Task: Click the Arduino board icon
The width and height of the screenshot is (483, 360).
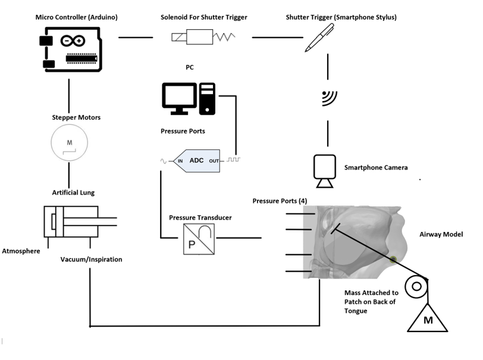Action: (70, 51)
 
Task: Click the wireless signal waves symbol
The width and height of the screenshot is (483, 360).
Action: (328, 98)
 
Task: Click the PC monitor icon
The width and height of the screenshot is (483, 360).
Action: (179, 99)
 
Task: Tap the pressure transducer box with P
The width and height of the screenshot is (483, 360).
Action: (199, 239)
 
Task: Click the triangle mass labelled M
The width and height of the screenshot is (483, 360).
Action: (427, 318)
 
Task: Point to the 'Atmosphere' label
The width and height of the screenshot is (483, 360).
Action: (21, 251)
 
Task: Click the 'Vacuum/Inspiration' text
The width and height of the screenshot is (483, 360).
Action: (90, 259)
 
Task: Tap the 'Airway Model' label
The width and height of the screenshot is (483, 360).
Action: (441, 234)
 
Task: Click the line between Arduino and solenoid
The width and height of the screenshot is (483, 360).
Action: (136, 38)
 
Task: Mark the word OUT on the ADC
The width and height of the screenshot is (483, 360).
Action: (214, 161)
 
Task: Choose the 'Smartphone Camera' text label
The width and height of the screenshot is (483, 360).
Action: (376, 168)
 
